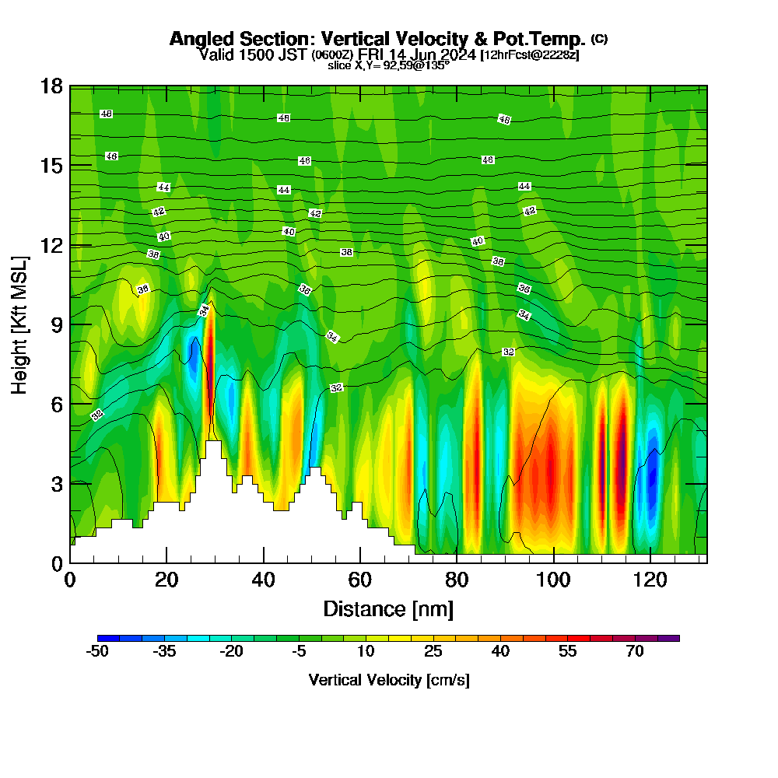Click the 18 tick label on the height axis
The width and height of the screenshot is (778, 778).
pos(51,86)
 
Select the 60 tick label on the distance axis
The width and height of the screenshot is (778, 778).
pos(360,580)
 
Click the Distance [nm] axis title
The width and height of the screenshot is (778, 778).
pos(388,608)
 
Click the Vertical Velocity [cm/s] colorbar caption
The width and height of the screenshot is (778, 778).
pos(388,681)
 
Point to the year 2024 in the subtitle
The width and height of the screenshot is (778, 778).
pos(459,54)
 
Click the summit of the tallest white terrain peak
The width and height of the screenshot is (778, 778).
pos(213,442)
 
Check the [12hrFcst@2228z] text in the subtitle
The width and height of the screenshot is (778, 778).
pos(531,54)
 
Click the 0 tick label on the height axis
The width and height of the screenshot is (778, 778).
pos(56,562)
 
